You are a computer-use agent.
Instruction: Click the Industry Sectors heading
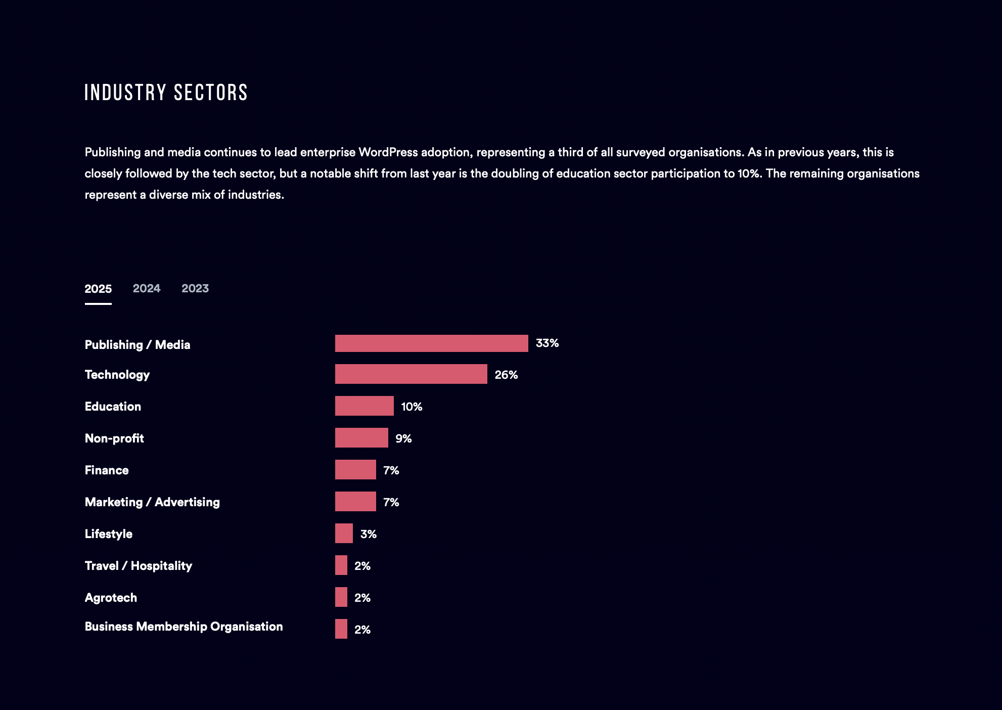tap(166, 93)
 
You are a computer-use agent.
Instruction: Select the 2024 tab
tap(146, 288)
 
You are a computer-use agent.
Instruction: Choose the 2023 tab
tap(195, 288)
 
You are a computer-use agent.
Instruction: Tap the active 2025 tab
tap(98, 289)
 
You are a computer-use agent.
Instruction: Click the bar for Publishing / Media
tap(431, 343)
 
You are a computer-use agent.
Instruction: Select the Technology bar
tap(411, 374)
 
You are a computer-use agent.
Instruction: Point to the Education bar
tap(364, 406)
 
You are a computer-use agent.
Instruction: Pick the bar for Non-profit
tap(361, 438)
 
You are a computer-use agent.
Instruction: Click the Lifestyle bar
tap(344, 534)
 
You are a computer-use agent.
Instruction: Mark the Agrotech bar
tap(341, 597)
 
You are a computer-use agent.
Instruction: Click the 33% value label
tap(547, 343)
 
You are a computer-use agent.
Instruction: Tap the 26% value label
tap(506, 375)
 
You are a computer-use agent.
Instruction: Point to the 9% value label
tap(403, 438)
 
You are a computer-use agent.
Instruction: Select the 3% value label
tap(368, 534)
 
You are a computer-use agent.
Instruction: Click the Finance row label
tap(107, 470)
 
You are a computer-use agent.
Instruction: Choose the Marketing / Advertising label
tap(152, 502)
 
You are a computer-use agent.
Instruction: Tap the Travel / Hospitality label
tap(139, 566)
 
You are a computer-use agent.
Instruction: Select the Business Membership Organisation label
tap(184, 627)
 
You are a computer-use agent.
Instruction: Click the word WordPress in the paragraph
tap(388, 152)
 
